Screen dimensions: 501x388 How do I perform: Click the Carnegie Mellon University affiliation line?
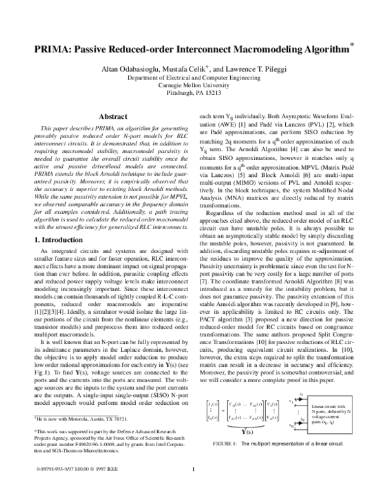click(194, 84)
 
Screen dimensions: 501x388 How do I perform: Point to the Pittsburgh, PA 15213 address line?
click(193, 92)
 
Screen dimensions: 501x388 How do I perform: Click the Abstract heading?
click(112, 116)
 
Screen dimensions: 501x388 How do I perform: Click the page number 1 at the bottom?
click(194, 488)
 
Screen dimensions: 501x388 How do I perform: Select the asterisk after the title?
click(352, 45)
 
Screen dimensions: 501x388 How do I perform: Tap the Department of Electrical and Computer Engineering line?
click(194, 76)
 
